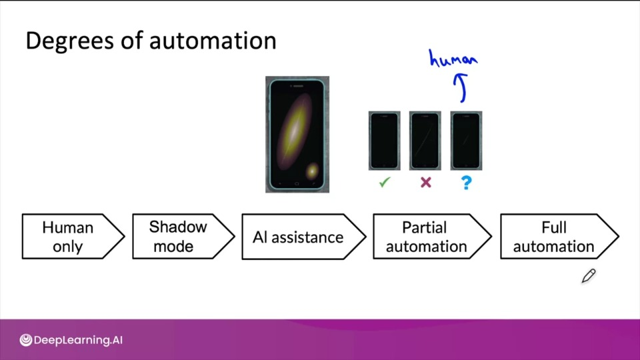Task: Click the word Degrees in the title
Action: click(69, 41)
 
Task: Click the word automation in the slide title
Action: click(213, 41)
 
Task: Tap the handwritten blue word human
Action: click(453, 59)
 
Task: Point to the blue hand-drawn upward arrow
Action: click(461, 87)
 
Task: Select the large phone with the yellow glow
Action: click(297, 134)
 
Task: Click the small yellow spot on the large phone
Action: click(312, 171)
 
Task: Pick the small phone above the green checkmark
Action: click(384, 141)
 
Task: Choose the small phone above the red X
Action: click(425, 141)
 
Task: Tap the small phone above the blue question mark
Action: click(466, 141)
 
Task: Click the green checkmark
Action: click(385, 182)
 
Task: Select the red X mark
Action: click(426, 182)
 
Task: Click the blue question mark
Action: click(467, 183)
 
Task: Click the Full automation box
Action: click(559, 236)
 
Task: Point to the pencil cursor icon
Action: click(589, 276)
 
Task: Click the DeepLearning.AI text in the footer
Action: click(78, 340)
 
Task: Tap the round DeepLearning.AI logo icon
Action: click(26, 340)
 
